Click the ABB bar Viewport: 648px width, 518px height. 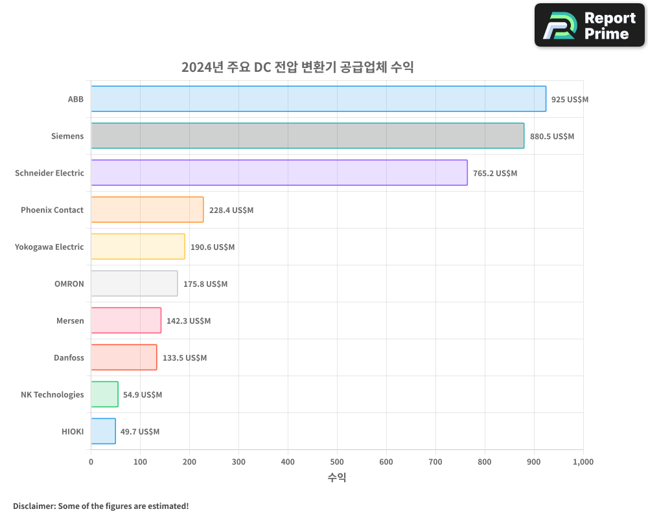318,99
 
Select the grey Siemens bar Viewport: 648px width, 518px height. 307,136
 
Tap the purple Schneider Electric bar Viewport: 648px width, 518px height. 279,173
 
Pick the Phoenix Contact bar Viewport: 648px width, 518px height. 147,210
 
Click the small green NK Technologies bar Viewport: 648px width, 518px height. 104,394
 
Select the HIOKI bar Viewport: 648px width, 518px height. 103,431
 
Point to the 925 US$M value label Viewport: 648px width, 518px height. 570,100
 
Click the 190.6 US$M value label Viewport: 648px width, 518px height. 213,247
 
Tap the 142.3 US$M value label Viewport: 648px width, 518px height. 189,321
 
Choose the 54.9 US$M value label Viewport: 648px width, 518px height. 143,395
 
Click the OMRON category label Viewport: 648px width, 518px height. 69,284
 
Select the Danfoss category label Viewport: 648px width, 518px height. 69,357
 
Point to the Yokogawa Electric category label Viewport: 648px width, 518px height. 49,247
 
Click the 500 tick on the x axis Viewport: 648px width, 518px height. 337,462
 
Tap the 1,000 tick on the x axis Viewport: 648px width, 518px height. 583,462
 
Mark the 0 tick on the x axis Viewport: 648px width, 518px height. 91,462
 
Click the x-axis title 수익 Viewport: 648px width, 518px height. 337,478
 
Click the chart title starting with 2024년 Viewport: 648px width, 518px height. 297,67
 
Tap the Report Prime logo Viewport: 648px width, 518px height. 589,26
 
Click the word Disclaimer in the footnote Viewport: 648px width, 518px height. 33,506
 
